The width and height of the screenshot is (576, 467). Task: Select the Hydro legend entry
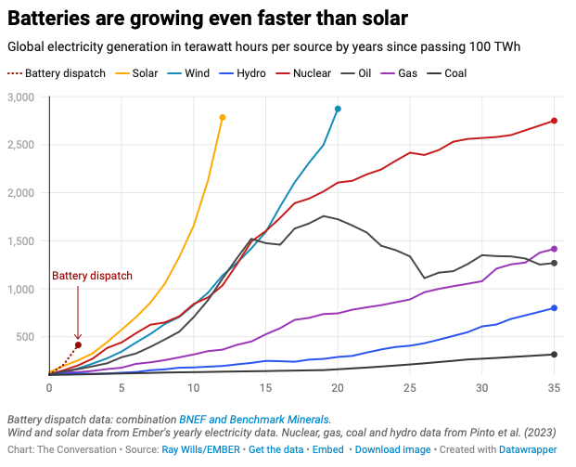click(x=242, y=73)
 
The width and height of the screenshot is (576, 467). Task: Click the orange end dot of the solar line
click(x=223, y=118)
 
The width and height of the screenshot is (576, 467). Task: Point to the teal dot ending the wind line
click(x=338, y=109)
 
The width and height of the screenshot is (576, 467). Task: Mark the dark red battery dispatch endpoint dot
click(x=78, y=345)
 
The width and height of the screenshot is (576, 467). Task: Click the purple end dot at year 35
click(x=555, y=249)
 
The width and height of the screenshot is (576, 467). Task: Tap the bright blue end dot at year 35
click(x=555, y=308)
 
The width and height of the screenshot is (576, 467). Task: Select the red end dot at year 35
click(x=555, y=121)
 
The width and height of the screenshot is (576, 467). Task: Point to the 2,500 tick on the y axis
click(x=21, y=145)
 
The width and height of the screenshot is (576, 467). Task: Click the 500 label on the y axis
click(x=25, y=337)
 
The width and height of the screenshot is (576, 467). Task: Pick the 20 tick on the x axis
click(x=338, y=388)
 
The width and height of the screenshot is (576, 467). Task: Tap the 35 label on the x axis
click(x=555, y=388)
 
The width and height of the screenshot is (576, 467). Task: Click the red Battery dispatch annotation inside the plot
click(x=92, y=276)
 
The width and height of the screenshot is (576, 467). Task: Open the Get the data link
click(x=275, y=449)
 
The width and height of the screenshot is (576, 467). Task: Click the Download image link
click(x=392, y=449)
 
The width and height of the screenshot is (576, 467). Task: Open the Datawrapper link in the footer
click(x=528, y=449)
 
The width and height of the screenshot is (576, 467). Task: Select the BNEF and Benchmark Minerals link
click(x=254, y=420)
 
